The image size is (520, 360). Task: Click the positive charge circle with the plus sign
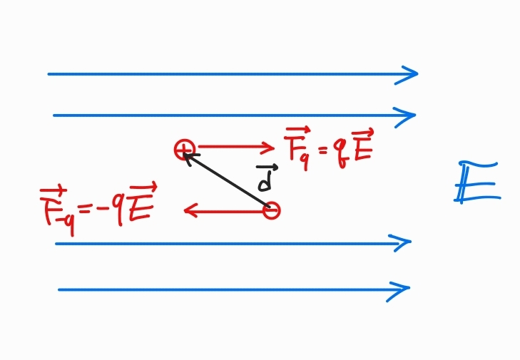pyautogui.click(x=185, y=150)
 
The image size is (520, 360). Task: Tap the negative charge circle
pyautogui.click(x=271, y=210)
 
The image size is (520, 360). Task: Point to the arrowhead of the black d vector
pyautogui.click(x=188, y=155)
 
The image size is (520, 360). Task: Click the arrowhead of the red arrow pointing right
pyautogui.click(x=270, y=148)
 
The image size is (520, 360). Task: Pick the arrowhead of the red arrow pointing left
pyautogui.click(x=188, y=210)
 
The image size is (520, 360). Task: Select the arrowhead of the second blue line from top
pyautogui.click(x=412, y=115)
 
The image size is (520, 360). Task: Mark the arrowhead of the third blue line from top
pyautogui.click(x=407, y=243)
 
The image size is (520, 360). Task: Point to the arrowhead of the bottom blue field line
pyautogui.click(x=406, y=289)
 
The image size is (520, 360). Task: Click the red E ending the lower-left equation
pyautogui.click(x=141, y=205)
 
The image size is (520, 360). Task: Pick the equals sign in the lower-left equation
pyautogui.click(x=83, y=208)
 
